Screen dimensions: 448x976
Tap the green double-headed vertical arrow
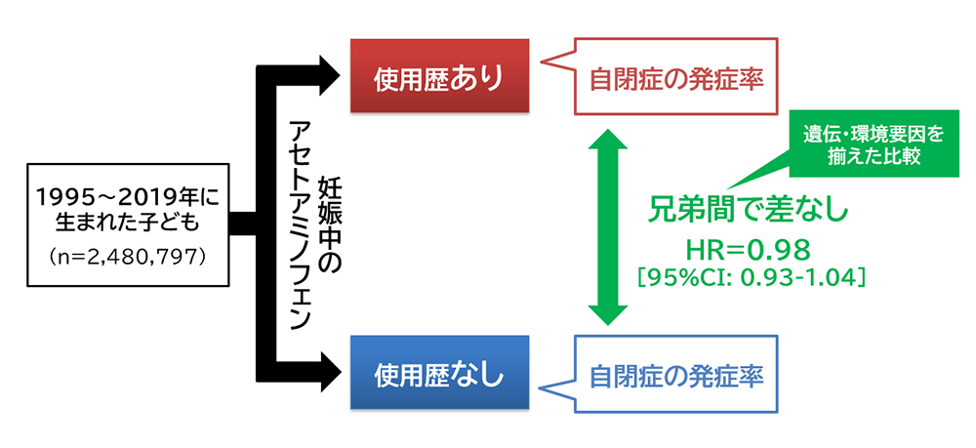click(x=606, y=224)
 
